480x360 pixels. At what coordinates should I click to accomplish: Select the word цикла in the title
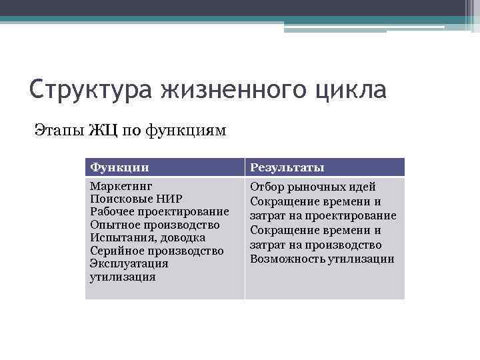click(x=353, y=89)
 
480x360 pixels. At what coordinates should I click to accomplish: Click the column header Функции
click(x=119, y=167)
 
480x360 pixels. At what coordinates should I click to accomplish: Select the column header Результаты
click(x=287, y=167)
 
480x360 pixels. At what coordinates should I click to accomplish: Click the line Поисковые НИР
click(x=136, y=199)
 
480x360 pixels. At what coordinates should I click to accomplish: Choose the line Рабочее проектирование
click(x=159, y=212)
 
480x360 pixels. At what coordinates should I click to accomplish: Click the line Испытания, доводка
click(x=147, y=238)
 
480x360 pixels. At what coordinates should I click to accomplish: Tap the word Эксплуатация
click(x=129, y=264)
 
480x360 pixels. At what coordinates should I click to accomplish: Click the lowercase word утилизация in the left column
click(x=123, y=277)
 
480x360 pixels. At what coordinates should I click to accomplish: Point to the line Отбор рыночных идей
click(x=313, y=187)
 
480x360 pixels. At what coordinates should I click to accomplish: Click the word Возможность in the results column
click(x=287, y=259)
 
